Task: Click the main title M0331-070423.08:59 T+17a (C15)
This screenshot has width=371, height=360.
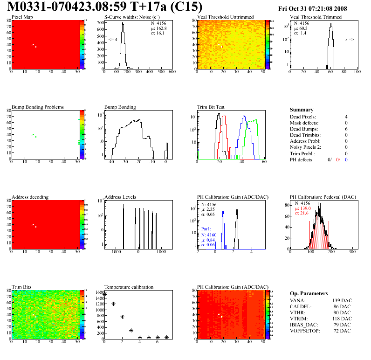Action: pyautogui.click(x=105, y=7)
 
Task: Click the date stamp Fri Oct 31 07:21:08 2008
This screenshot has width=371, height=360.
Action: pyautogui.click(x=319, y=8)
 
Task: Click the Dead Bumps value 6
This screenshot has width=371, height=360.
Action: pyautogui.click(x=346, y=129)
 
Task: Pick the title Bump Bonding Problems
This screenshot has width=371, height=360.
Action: pyautogui.click(x=38, y=107)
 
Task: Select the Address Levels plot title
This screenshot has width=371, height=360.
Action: pyautogui.click(x=120, y=197)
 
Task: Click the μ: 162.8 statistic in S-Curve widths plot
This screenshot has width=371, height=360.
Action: pyautogui.click(x=158, y=28)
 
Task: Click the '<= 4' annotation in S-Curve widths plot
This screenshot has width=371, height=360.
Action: pyautogui.click(x=112, y=40)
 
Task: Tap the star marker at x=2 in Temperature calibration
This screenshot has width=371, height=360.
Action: pyautogui.click(x=122, y=317)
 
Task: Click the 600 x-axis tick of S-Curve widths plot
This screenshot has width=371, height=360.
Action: pyautogui.click(x=172, y=73)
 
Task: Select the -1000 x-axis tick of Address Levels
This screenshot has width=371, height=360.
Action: pyautogui.click(x=114, y=252)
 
